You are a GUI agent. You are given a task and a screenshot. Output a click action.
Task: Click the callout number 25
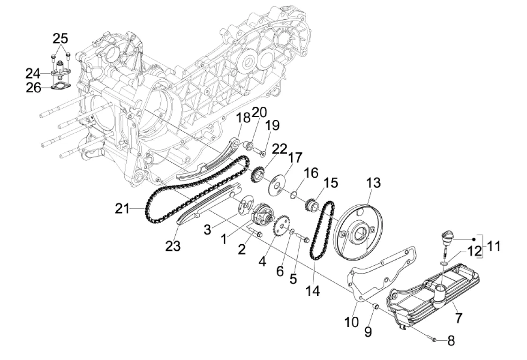[60, 38]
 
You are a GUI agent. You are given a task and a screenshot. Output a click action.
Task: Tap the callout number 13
[373, 182]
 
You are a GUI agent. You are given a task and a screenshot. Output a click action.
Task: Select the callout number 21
[122, 209]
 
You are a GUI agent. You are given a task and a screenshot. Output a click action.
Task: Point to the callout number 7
[459, 318]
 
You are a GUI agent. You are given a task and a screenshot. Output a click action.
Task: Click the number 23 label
[173, 246]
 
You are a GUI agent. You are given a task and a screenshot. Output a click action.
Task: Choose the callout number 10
[352, 322]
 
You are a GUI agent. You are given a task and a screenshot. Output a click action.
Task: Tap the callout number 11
[493, 246]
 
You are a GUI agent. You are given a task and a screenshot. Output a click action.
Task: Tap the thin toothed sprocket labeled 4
[279, 226]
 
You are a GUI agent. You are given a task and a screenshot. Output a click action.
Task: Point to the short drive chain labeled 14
[322, 230]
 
